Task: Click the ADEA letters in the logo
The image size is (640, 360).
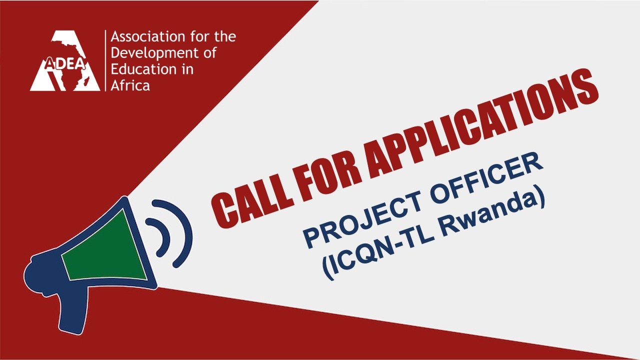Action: (65, 64)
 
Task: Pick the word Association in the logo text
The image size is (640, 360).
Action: (147, 36)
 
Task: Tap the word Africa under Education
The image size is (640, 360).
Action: (130, 85)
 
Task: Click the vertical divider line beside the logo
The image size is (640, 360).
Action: (105, 60)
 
